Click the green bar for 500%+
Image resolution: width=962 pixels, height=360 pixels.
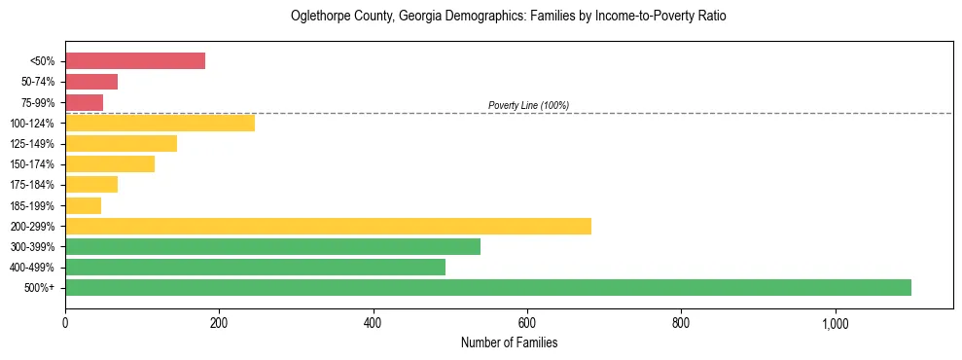coord(487,287)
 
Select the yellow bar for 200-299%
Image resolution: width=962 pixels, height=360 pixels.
coord(328,226)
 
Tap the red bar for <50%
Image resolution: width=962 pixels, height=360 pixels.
coord(135,61)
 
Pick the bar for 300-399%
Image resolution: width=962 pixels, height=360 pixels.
coord(272,246)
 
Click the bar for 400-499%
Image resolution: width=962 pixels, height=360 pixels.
coord(255,267)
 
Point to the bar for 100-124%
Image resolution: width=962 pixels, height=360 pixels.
coord(160,124)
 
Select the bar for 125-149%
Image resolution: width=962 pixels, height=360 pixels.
coord(121,144)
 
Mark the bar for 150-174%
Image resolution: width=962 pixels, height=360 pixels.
coord(110,164)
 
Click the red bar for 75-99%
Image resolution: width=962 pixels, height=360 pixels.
coord(84,102)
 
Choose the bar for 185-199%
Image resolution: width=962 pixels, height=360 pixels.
coord(83,205)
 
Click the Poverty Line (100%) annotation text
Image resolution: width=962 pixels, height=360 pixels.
coord(528,105)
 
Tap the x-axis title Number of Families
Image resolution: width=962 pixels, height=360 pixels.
coord(509,342)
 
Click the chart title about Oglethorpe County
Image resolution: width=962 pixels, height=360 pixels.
coord(509,17)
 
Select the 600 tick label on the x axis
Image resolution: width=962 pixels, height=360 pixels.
coord(527,323)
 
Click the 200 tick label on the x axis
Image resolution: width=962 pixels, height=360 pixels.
coord(219,323)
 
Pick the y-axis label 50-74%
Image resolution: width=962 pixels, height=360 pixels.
coord(39,82)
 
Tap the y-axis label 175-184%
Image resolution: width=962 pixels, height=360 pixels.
coord(36,185)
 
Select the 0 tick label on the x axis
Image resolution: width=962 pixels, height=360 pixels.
coord(65,323)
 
